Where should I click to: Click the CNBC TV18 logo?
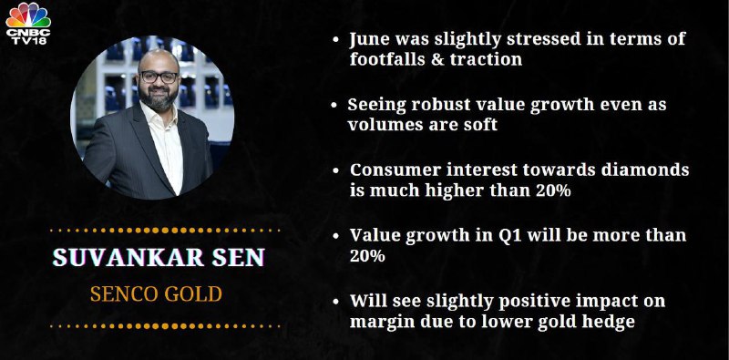pos(28,24)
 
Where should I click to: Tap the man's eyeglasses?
pos(159,77)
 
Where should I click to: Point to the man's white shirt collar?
pos(159,117)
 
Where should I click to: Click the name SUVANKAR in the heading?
pos(128,257)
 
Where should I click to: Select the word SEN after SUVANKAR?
pos(239,257)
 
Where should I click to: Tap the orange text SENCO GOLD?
pos(156,294)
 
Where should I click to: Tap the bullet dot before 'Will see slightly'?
pos(335,302)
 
